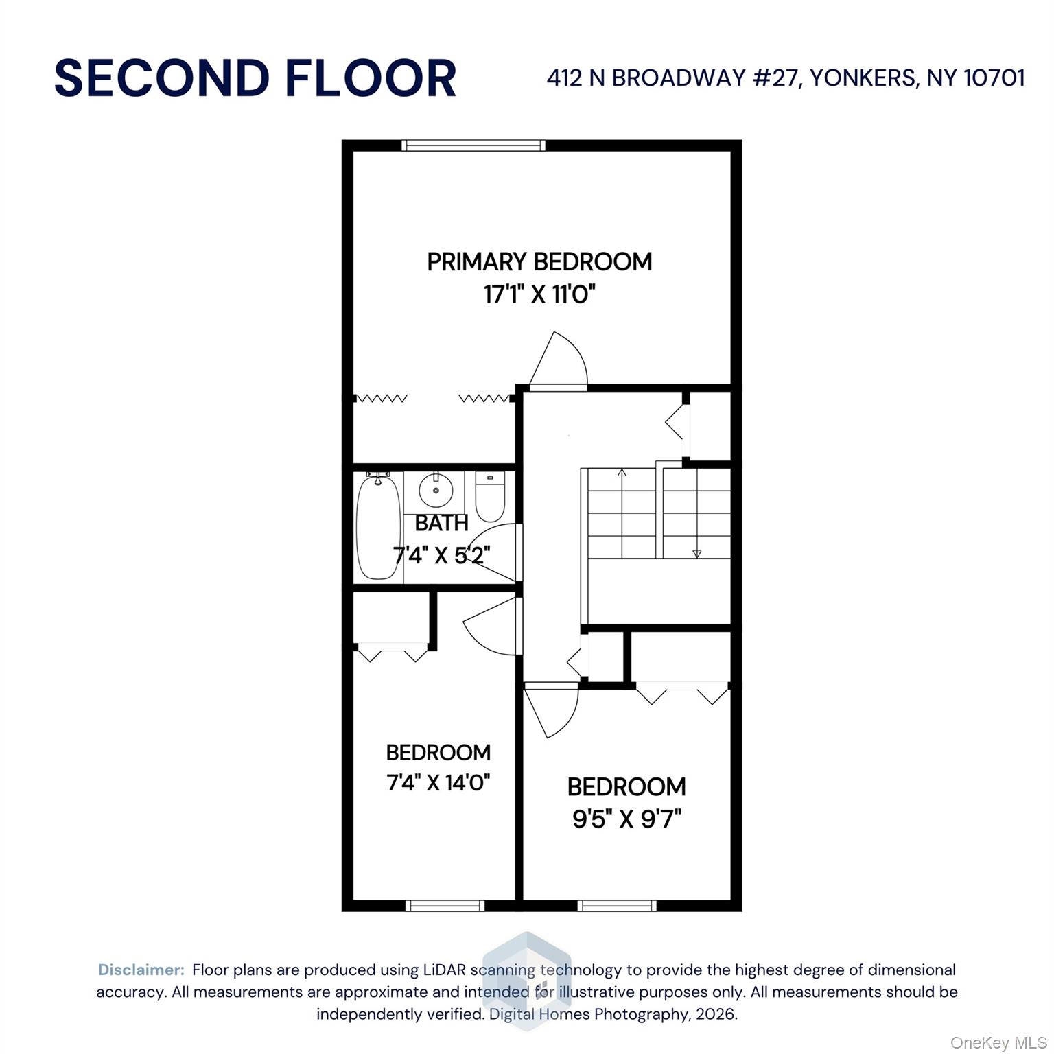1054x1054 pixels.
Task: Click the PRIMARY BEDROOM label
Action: tap(539, 261)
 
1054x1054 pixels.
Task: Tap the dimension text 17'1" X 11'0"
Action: tap(539, 295)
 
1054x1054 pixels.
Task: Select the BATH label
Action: tap(441, 523)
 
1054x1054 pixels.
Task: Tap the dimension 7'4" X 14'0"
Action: tap(438, 782)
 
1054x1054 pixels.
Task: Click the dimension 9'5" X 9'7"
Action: tap(626, 819)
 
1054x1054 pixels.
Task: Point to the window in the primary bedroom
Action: tap(473, 145)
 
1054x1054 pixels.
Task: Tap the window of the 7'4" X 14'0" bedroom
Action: tap(445, 906)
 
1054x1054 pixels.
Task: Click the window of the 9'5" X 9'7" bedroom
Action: tap(618, 906)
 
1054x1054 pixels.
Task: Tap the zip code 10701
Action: tap(995, 78)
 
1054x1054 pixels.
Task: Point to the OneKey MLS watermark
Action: tap(998, 1043)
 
